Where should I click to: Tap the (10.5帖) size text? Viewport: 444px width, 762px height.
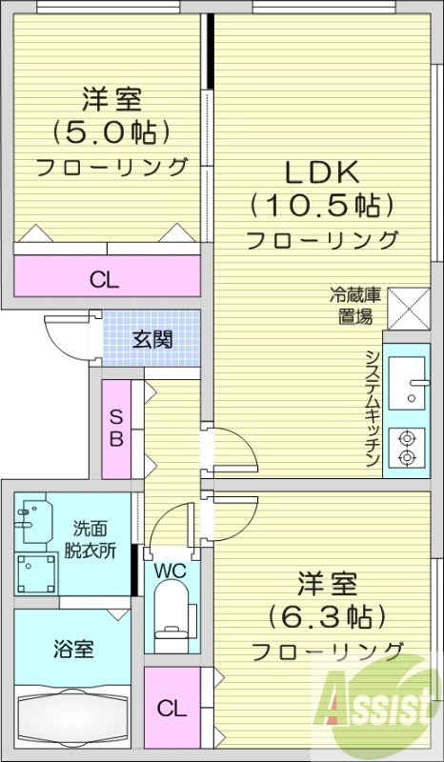click(x=322, y=204)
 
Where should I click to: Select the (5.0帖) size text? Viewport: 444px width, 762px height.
click(x=111, y=129)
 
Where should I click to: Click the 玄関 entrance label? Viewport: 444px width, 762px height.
click(x=152, y=338)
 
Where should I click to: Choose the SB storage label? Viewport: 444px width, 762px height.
click(x=115, y=428)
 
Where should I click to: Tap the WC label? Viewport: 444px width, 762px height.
click(x=172, y=571)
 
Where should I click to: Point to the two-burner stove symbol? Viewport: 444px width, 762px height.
click(x=409, y=449)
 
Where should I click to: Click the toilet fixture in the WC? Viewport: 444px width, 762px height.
click(x=172, y=615)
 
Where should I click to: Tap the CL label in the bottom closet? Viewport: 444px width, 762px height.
click(x=172, y=708)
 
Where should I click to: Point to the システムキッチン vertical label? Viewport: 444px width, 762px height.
click(x=373, y=408)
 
